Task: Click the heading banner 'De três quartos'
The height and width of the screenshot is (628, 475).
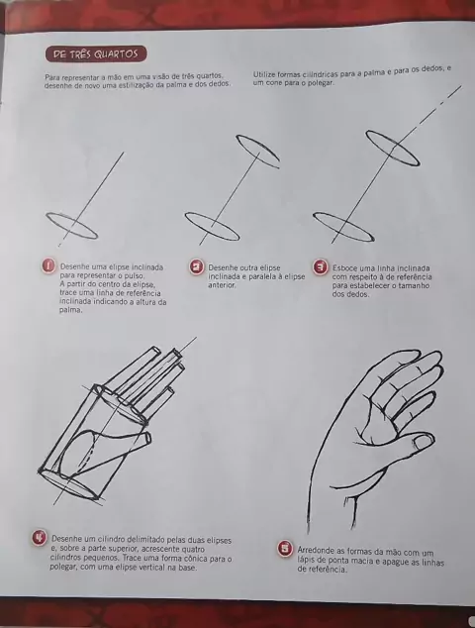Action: tap(96, 54)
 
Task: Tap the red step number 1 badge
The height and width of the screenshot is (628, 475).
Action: tap(48, 265)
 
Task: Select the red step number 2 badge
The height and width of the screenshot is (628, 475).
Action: tap(196, 266)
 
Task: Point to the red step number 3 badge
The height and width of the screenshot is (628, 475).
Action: tap(321, 266)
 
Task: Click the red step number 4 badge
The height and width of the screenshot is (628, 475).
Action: tap(40, 537)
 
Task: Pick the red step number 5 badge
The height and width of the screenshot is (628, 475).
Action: tap(285, 549)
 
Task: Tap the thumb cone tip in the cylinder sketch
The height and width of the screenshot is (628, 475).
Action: tap(148, 438)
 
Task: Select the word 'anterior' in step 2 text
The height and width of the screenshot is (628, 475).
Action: tap(222, 285)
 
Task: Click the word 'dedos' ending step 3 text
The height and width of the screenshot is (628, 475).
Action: tap(349, 294)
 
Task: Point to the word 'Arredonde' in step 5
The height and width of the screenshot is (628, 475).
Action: tap(314, 551)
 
